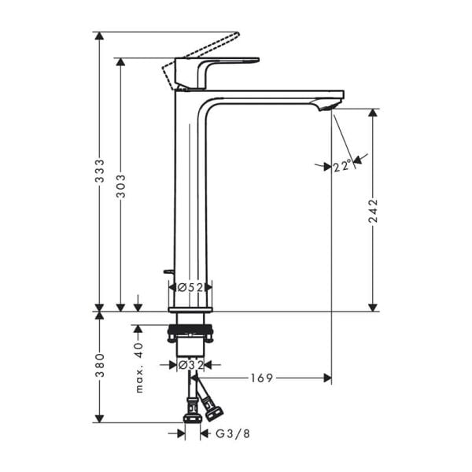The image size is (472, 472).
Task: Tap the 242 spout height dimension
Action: (x=373, y=211)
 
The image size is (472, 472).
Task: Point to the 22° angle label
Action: (x=341, y=166)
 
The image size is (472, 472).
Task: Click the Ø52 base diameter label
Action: (x=190, y=288)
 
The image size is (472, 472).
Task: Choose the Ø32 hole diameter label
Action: (x=190, y=365)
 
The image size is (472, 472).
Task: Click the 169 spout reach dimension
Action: (x=263, y=378)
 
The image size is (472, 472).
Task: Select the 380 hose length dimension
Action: (x=100, y=367)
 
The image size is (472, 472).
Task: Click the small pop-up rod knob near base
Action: (x=167, y=272)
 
